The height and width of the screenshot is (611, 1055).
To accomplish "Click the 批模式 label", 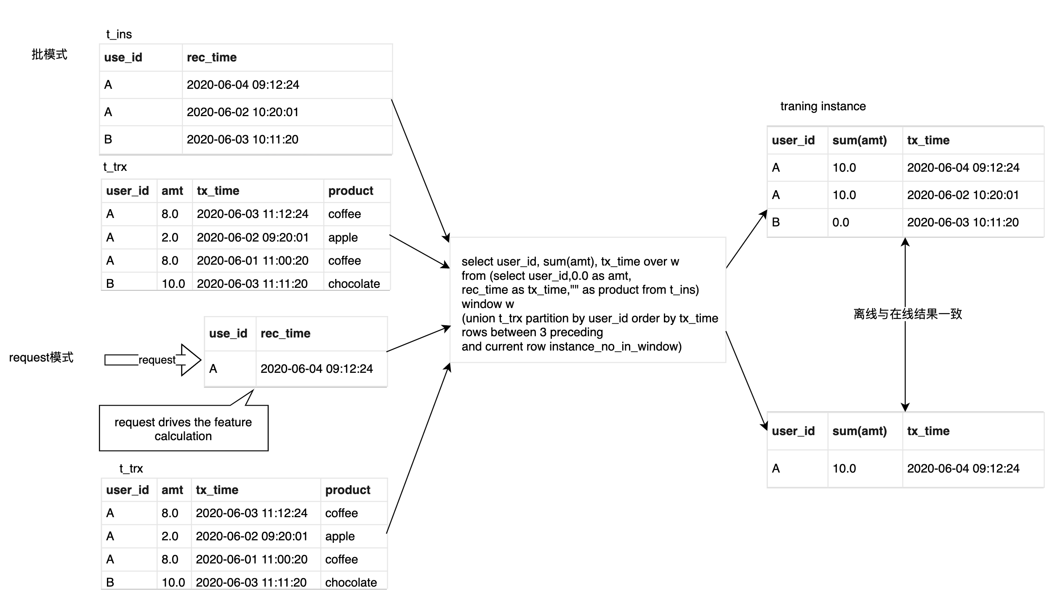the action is [x=49, y=54].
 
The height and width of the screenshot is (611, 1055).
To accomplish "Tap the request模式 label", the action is [x=41, y=357].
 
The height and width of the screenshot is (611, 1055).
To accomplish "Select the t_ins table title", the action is [x=119, y=34].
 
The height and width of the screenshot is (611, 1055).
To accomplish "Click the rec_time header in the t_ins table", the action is [x=212, y=57].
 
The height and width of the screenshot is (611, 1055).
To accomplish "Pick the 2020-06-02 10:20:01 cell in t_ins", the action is [x=242, y=112].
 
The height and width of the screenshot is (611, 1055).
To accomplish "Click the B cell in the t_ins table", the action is [x=108, y=139].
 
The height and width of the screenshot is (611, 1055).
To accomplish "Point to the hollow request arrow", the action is [x=153, y=360].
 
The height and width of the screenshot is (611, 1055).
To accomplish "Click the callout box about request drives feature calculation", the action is [x=184, y=428].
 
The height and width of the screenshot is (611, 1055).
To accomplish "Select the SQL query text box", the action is [x=588, y=300].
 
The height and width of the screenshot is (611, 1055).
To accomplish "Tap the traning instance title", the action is [x=823, y=106].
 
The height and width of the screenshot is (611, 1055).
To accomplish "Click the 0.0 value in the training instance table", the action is [x=841, y=222].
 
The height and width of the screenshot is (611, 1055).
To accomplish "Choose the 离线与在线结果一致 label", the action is [x=908, y=314].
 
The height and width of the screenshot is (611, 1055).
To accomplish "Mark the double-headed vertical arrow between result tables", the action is [x=905, y=324].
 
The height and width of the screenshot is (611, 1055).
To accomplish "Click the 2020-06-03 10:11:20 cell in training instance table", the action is [x=963, y=222].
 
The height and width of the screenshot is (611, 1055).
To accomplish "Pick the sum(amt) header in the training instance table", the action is [x=860, y=140].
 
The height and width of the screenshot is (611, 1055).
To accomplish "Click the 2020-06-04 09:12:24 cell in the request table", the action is [x=317, y=369].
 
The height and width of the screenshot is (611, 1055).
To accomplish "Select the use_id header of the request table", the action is [x=228, y=333].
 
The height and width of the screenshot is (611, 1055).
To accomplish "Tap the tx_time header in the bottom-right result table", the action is [x=928, y=431].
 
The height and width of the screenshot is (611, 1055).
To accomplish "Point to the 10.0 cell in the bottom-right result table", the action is [x=844, y=468].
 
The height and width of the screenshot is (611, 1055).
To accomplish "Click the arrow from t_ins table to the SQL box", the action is [x=421, y=171].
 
